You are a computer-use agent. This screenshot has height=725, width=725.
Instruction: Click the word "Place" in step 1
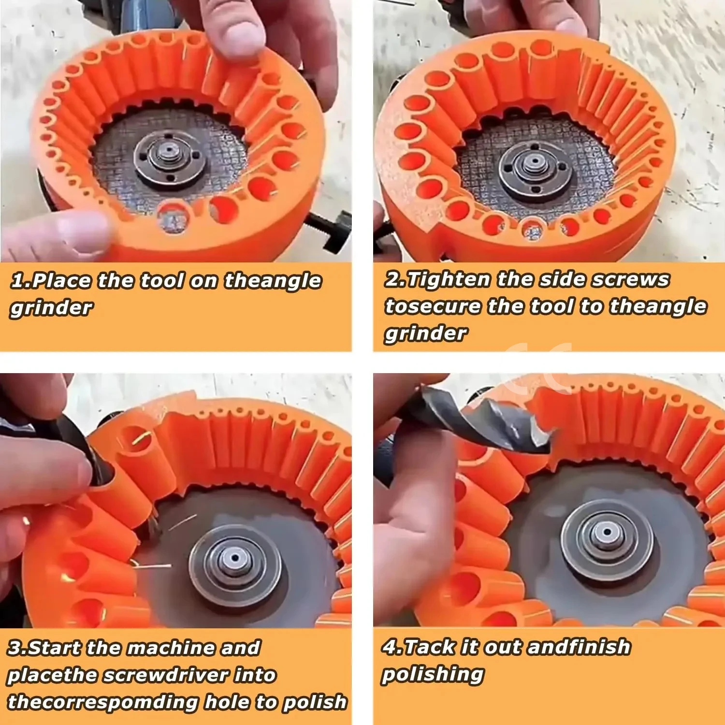point(62,281)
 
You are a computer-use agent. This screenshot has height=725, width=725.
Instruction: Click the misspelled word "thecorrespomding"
point(102,702)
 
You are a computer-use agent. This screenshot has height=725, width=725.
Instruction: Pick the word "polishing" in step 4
point(433,674)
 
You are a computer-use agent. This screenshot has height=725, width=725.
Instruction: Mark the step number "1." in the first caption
point(20,281)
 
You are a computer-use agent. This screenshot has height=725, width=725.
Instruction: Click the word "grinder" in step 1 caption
point(51,308)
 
